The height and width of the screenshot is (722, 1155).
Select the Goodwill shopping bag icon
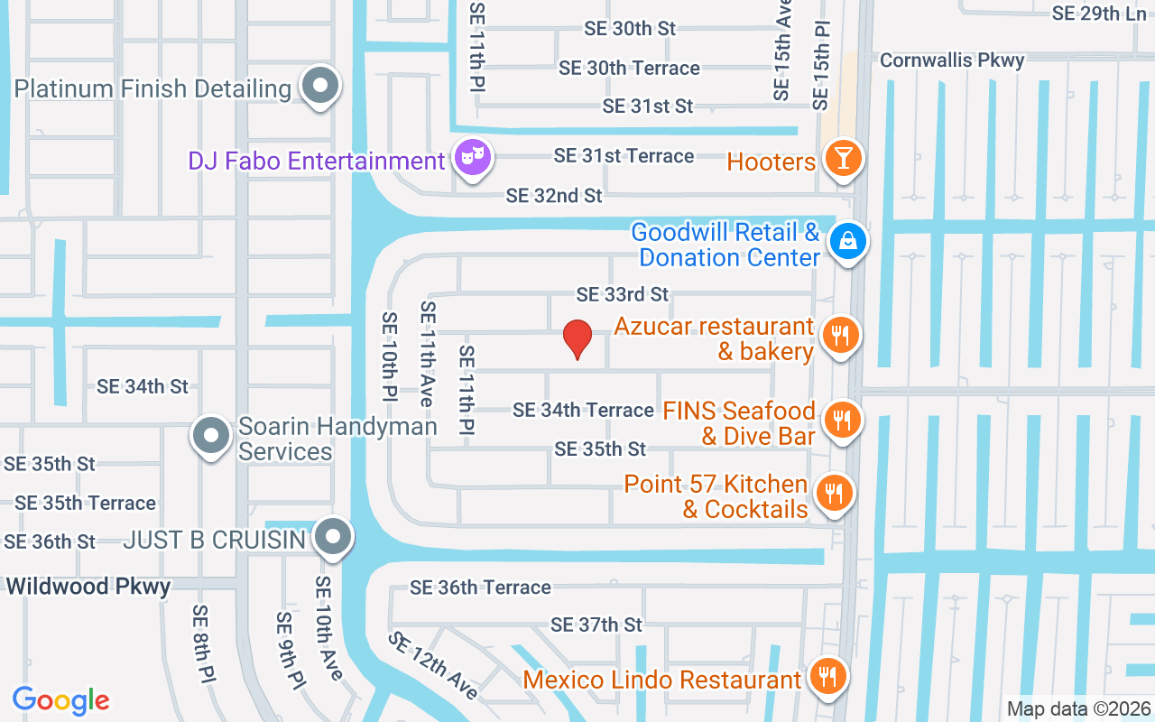point(847,241)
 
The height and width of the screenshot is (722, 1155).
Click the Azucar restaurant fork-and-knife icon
point(840,336)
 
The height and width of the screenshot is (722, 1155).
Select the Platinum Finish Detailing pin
point(319,88)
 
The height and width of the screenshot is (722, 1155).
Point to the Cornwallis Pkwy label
point(952,60)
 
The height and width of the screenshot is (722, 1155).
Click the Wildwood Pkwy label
point(88,587)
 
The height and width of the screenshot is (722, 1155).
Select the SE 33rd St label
point(623,294)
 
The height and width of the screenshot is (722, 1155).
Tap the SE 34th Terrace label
point(583,410)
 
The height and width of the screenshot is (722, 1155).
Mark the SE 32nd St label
point(554,195)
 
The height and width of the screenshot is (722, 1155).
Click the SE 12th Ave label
point(433,665)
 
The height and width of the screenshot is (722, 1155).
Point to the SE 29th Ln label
point(1099,14)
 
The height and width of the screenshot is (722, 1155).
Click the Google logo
point(61,699)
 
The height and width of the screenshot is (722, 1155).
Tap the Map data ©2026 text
point(1078,708)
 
